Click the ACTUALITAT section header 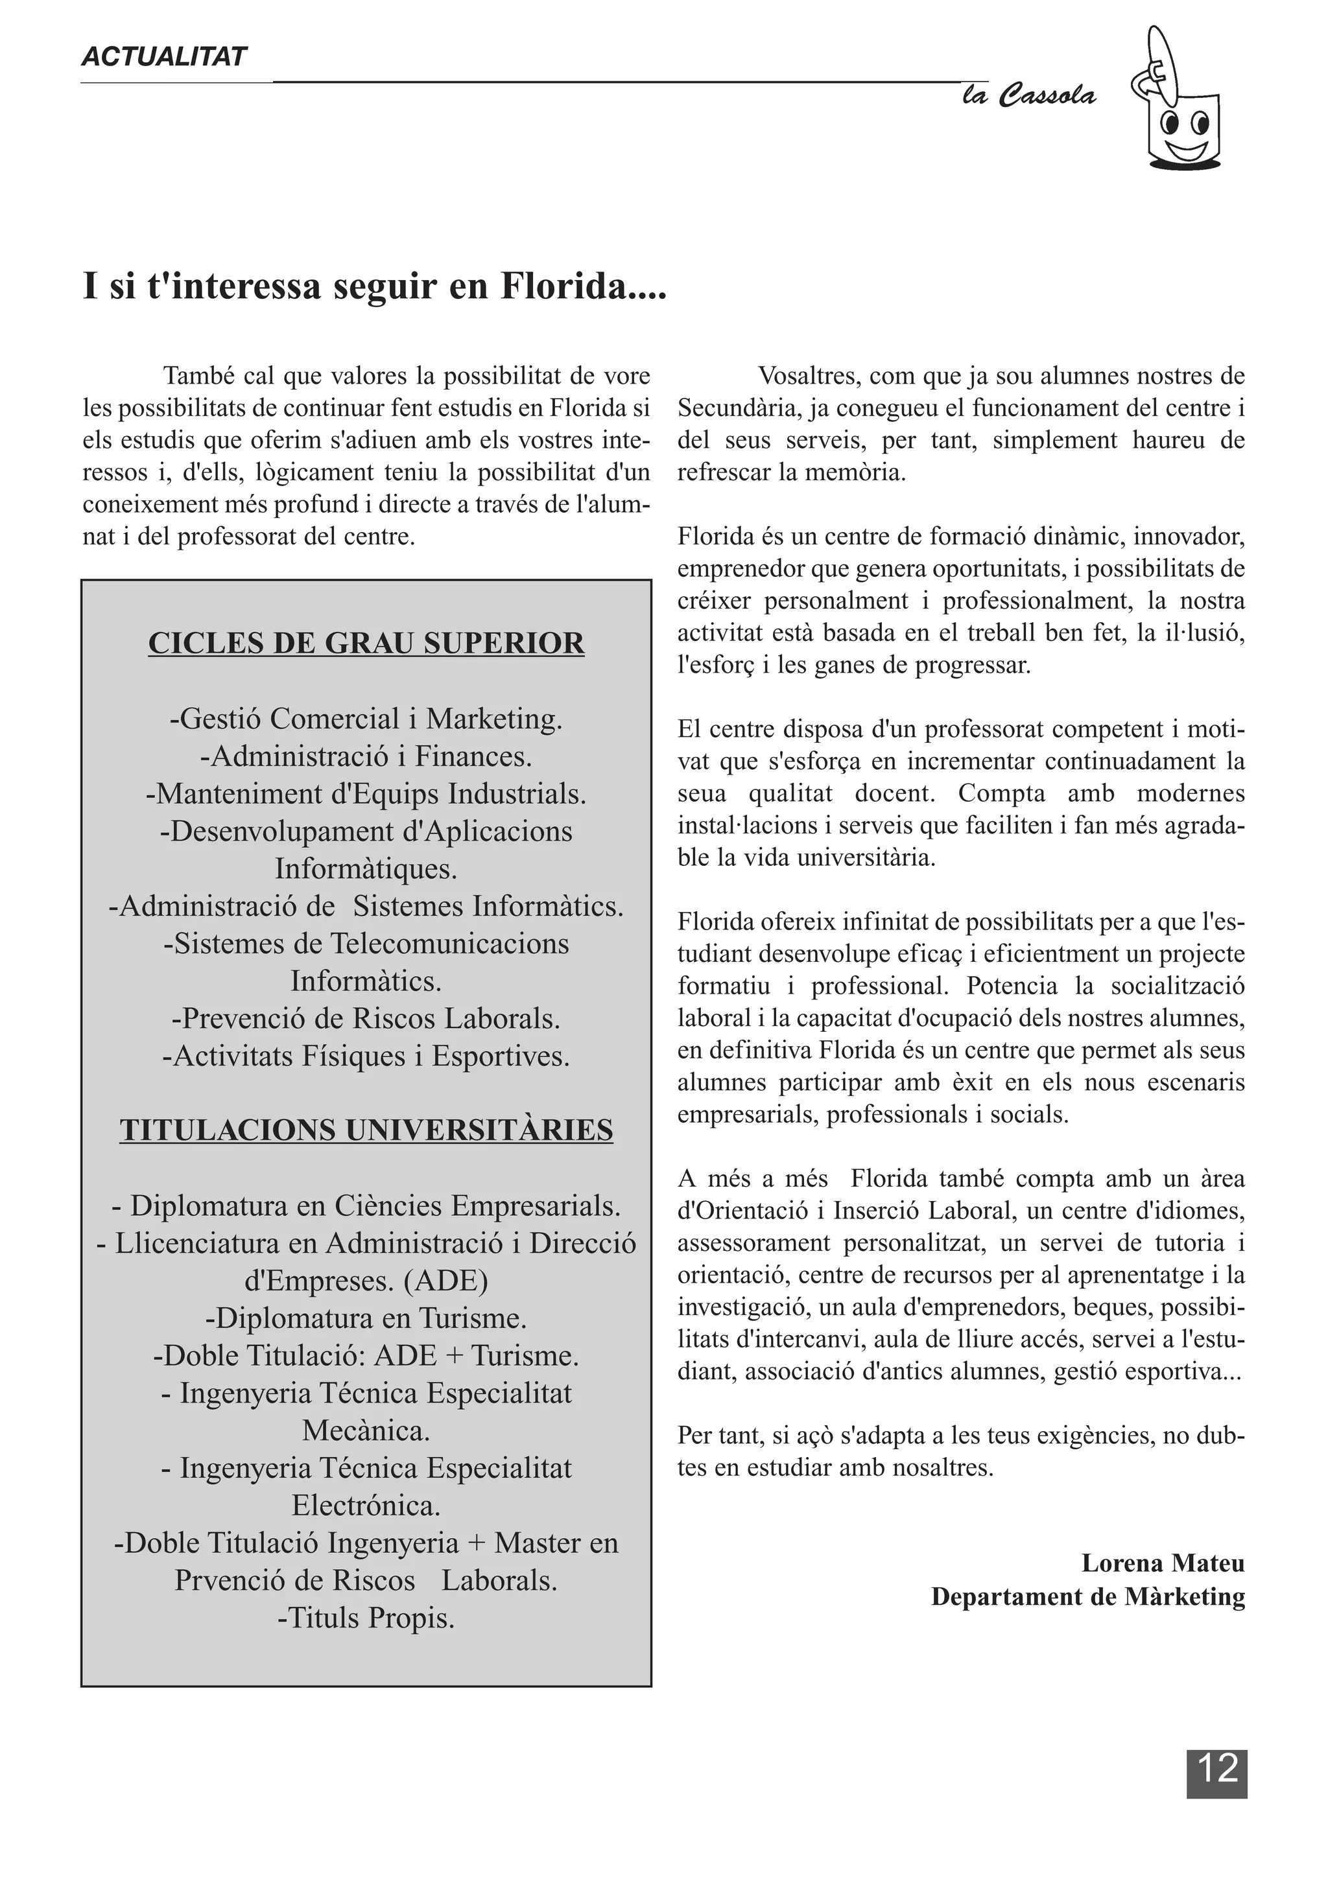(x=163, y=56)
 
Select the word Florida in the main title (x=582, y=286)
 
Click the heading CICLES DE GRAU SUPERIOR (x=366, y=644)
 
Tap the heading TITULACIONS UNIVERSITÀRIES (x=366, y=1130)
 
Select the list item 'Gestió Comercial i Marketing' (x=366, y=719)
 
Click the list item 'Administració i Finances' (x=366, y=756)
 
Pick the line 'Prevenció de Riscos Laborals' (x=366, y=1019)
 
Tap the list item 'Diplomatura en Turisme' (x=366, y=1318)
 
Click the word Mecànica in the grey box (x=366, y=1430)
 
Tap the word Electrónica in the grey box (x=366, y=1505)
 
